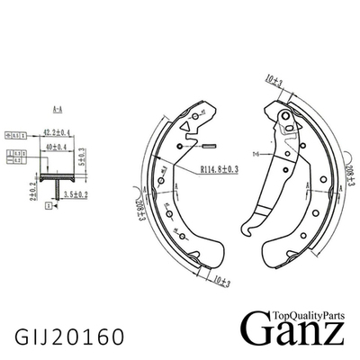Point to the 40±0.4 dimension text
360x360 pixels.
click(59, 146)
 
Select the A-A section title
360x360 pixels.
click(57, 111)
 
